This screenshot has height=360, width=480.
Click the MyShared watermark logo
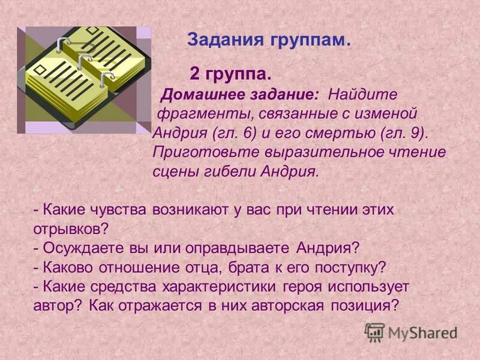pos(412,332)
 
